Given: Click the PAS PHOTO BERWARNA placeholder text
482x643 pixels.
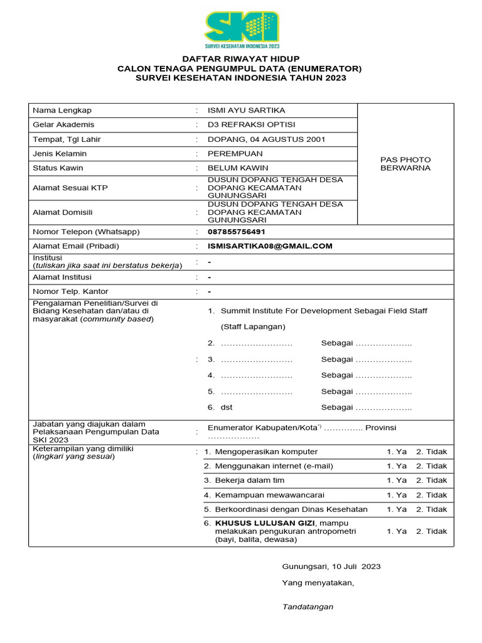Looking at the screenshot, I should (x=405, y=164).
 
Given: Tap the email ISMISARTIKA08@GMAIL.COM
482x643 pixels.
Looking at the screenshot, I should (x=270, y=246).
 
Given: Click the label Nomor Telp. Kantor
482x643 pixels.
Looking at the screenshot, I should (x=70, y=291).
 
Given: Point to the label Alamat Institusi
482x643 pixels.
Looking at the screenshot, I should (x=62, y=277).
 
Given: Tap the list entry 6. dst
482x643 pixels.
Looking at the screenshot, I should (x=220, y=408).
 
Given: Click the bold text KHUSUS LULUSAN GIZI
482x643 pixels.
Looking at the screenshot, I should (x=265, y=523).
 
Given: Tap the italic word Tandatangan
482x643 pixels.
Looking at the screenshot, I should (x=308, y=607).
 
